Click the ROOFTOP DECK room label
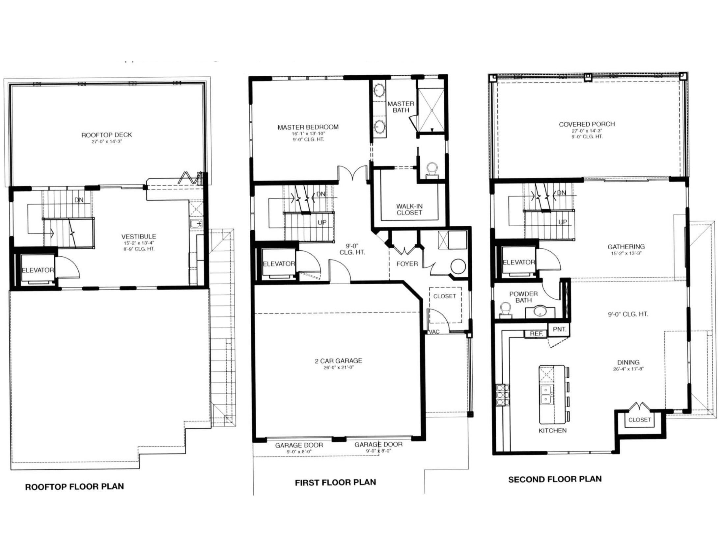(106, 135)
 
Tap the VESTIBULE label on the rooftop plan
(138, 237)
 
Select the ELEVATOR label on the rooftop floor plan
(38, 270)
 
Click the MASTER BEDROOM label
(308, 127)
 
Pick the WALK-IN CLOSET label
(409, 210)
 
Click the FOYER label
(407, 264)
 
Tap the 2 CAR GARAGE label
(338, 361)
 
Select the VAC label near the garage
(434, 332)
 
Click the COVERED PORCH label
(587, 124)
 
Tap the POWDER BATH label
(523, 297)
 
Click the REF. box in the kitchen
(536, 334)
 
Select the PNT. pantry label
(559, 329)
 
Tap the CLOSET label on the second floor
(639, 420)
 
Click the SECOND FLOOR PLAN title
(555, 479)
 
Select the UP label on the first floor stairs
(322, 223)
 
